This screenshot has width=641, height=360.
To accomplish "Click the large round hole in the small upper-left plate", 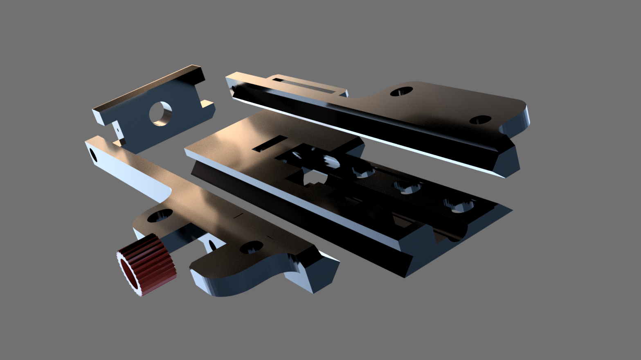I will (x=160, y=113).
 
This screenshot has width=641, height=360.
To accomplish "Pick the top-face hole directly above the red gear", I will (x=159, y=215).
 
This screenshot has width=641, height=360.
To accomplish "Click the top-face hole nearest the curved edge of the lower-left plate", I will (x=251, y=247).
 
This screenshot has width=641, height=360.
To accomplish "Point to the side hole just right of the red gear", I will (x=212, y=245).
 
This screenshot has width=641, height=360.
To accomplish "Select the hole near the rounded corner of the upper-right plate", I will (x=480, y=120).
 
